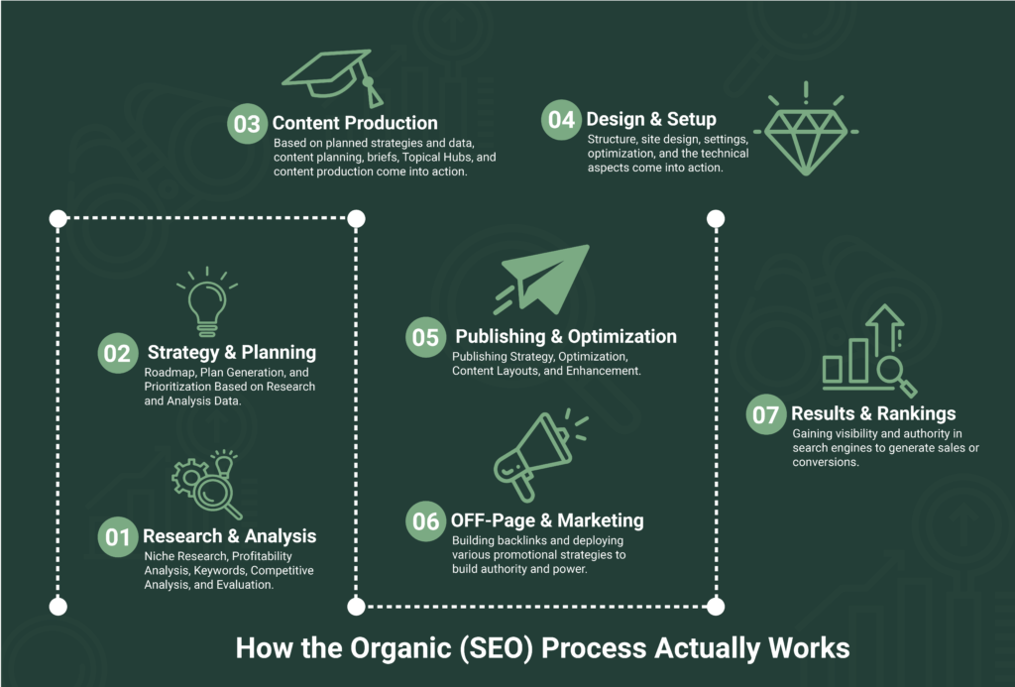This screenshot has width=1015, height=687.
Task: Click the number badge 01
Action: pos(118,536)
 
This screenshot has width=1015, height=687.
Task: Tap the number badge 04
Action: pos(561,120)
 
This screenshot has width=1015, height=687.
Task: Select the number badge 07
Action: pos(766,414)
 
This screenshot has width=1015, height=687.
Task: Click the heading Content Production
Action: pos(355,123)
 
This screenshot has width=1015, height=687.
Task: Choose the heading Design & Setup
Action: pos(651,119)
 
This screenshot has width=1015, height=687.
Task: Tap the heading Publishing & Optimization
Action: pos(566,337)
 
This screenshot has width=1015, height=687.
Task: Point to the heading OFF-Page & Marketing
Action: pos(547,520)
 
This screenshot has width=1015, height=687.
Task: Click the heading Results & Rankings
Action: pos(873,413)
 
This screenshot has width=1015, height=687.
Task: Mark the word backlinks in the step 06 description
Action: pos(524,540)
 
